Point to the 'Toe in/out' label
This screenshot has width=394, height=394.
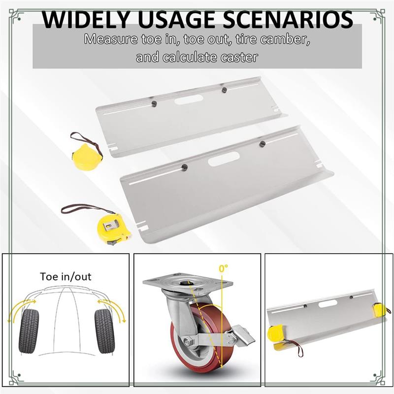click(x=66, y=277)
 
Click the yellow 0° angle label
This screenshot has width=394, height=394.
click(x=223, y=268)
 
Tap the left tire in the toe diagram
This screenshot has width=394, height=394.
click(x=29, y=331)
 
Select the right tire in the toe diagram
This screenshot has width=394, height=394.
click(x=104, y=331)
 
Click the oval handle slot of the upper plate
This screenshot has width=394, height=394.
click(x=189, y=100)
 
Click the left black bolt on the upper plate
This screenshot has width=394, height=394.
click(x=154, y=103)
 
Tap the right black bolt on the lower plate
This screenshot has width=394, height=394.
click(x=263, y=144)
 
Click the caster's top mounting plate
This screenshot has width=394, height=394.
click(x=188, y=282)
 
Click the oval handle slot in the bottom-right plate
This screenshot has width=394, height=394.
click(x=328, y=303)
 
